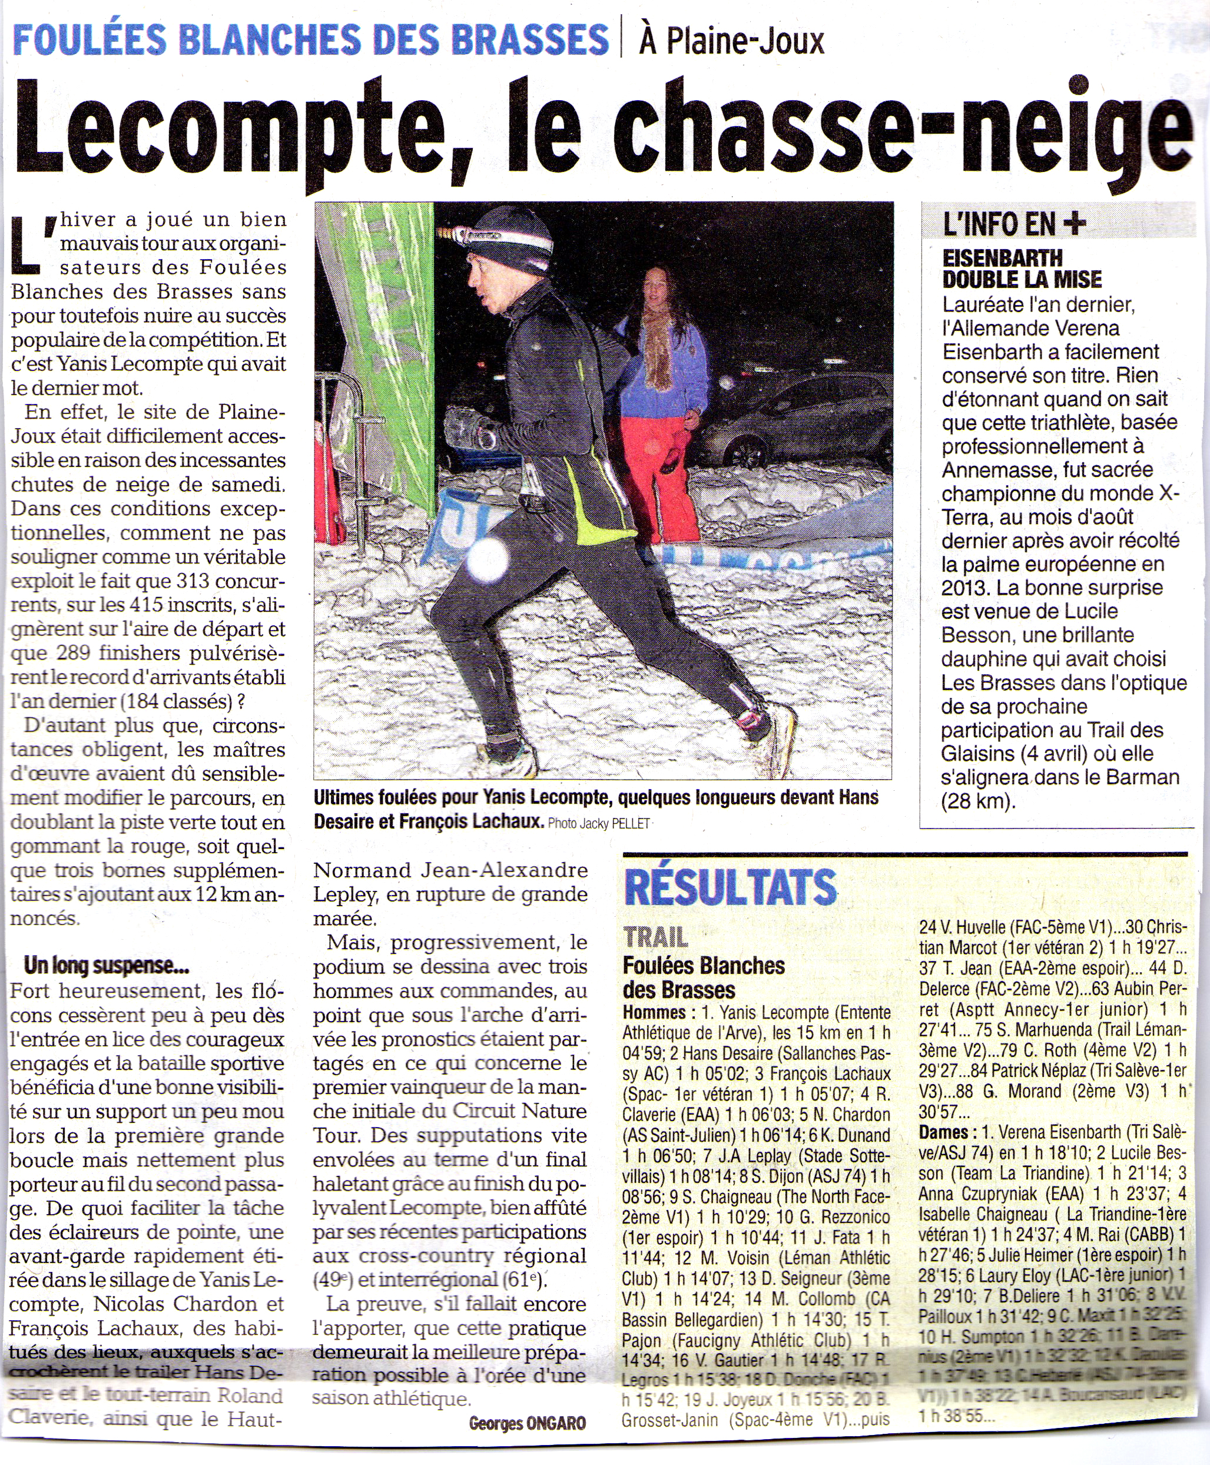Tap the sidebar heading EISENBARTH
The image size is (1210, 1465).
point(1002,258)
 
